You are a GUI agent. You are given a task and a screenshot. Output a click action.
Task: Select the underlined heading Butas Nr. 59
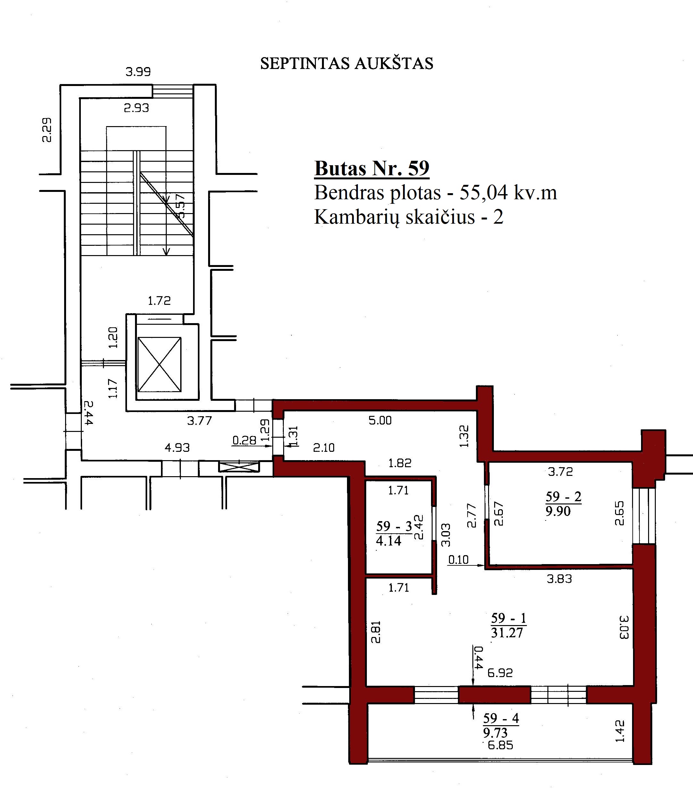coord(372,168)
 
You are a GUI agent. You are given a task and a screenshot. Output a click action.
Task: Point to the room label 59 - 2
coord(563,496)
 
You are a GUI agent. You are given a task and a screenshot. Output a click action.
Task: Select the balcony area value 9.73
coord(495,733)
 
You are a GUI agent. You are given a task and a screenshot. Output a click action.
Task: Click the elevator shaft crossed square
coord(159,365)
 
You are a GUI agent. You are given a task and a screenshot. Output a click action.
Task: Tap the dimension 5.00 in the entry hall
coord(380,420)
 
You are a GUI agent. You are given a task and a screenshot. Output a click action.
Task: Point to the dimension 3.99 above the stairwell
coord(138,72)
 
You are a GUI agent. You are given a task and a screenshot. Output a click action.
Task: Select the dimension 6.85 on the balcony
coord(500,745)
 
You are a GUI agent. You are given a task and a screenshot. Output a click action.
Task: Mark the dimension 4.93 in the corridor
coord(178,448)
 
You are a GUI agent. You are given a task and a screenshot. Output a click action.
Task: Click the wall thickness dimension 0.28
coord(244,440)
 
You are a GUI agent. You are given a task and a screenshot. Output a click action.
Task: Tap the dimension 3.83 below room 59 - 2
coord(559,579)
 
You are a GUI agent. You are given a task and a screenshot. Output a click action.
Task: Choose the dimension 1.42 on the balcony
coord(620,731)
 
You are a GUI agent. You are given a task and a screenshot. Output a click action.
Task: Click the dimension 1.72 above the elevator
coord(159,301)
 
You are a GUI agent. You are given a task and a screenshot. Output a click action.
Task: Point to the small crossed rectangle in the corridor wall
coord(239,467)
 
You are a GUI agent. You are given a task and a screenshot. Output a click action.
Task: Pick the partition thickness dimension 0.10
coord(458,560)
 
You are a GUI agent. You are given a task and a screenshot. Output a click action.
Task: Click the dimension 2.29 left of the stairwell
coord(47,130)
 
